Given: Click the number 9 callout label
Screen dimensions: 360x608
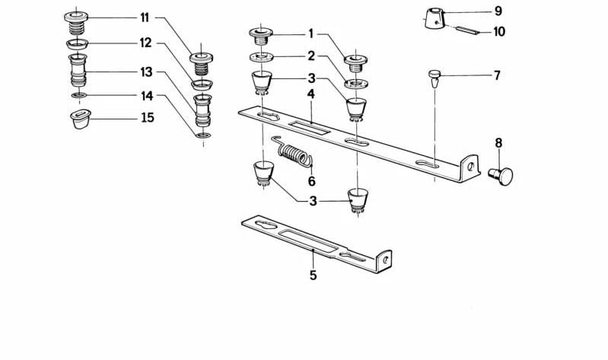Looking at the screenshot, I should pos(498,11).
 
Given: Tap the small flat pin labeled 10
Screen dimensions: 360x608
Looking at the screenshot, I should pos(468,31).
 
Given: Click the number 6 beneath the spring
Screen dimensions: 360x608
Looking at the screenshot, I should pos(310,182).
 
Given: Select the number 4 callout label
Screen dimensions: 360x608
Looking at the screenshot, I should pos(310,94).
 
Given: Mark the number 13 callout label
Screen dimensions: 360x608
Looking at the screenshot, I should pos(145,72).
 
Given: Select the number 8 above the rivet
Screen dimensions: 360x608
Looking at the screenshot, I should pos(498,142).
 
